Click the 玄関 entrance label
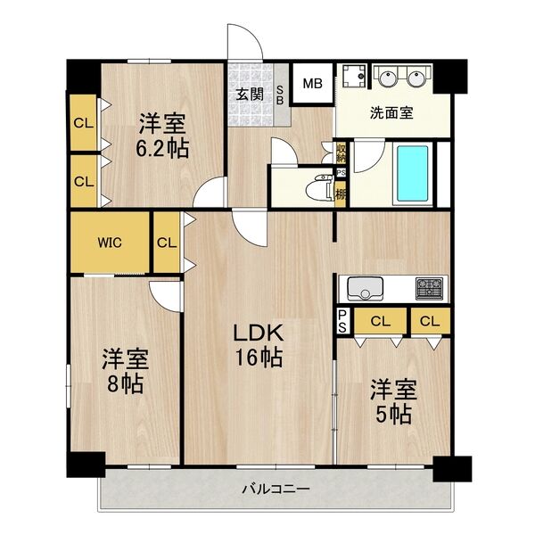(249, 92)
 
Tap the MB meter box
(311, 86)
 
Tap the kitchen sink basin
(365, 289)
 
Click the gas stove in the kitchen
(428, 288)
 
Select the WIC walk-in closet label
(111, 242)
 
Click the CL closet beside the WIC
(167, 242)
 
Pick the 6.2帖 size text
(162, 149)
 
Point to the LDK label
(259, 333)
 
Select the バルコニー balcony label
(275, 489)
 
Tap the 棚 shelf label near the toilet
(341, 193)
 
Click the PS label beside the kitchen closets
(342, 320)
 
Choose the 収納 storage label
(341, 152)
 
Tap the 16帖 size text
(259, 358)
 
